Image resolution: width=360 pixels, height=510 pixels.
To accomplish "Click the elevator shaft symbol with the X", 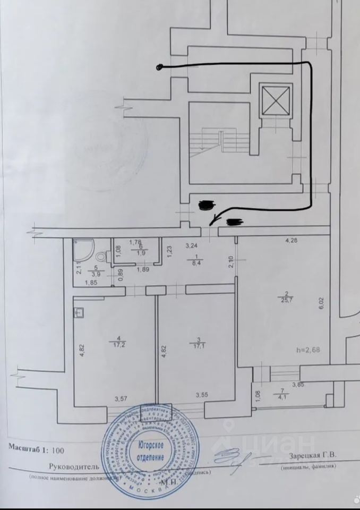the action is point(275,99).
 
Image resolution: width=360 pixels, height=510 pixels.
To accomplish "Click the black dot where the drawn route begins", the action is point(159,67).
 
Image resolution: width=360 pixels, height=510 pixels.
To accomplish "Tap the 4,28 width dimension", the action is point(292,240).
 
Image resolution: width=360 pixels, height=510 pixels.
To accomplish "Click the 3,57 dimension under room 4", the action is point(115,395).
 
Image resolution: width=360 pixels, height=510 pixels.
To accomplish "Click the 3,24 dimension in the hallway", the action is point(191,246).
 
